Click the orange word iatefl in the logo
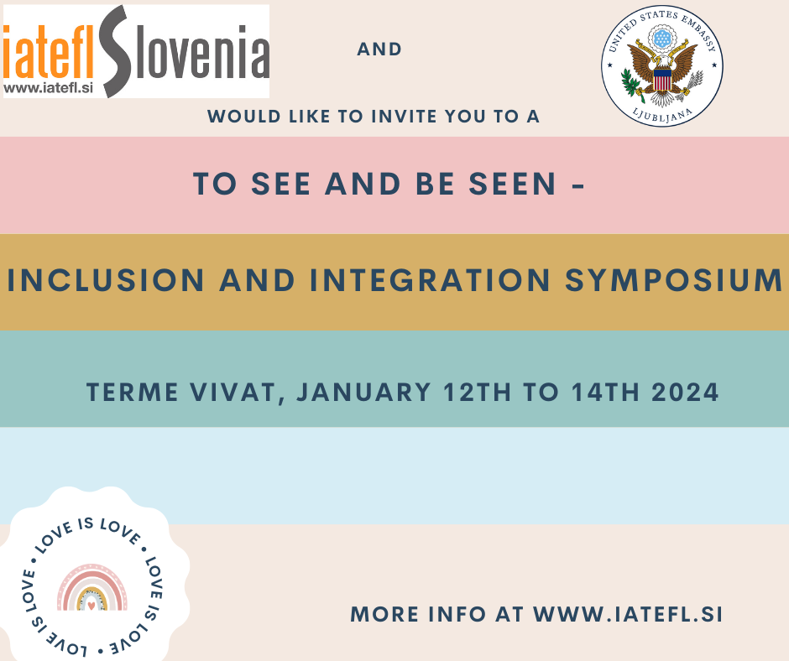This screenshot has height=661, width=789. (49, 53)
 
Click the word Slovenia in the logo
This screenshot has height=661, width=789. (185, 51)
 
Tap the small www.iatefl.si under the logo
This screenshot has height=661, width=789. (49, 88)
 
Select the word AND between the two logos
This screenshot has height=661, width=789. (379, 49)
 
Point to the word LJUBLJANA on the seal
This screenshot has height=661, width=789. (662, 116)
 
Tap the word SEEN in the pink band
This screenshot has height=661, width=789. (512, 184)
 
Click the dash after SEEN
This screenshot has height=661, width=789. (578, 185)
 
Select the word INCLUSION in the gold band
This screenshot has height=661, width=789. (106, 280)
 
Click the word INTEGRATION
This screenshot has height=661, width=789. (430, 280)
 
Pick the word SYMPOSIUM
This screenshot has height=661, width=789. (673, 280)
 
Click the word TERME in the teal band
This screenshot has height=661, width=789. (133, 393)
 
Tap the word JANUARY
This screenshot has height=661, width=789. (363, 393)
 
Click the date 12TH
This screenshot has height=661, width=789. (477, 393)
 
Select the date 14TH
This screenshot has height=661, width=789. (605, 393)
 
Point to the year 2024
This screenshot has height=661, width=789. (685, 393)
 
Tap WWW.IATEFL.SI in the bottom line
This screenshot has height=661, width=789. (628, 615)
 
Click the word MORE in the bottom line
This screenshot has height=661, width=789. (384, 615)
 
